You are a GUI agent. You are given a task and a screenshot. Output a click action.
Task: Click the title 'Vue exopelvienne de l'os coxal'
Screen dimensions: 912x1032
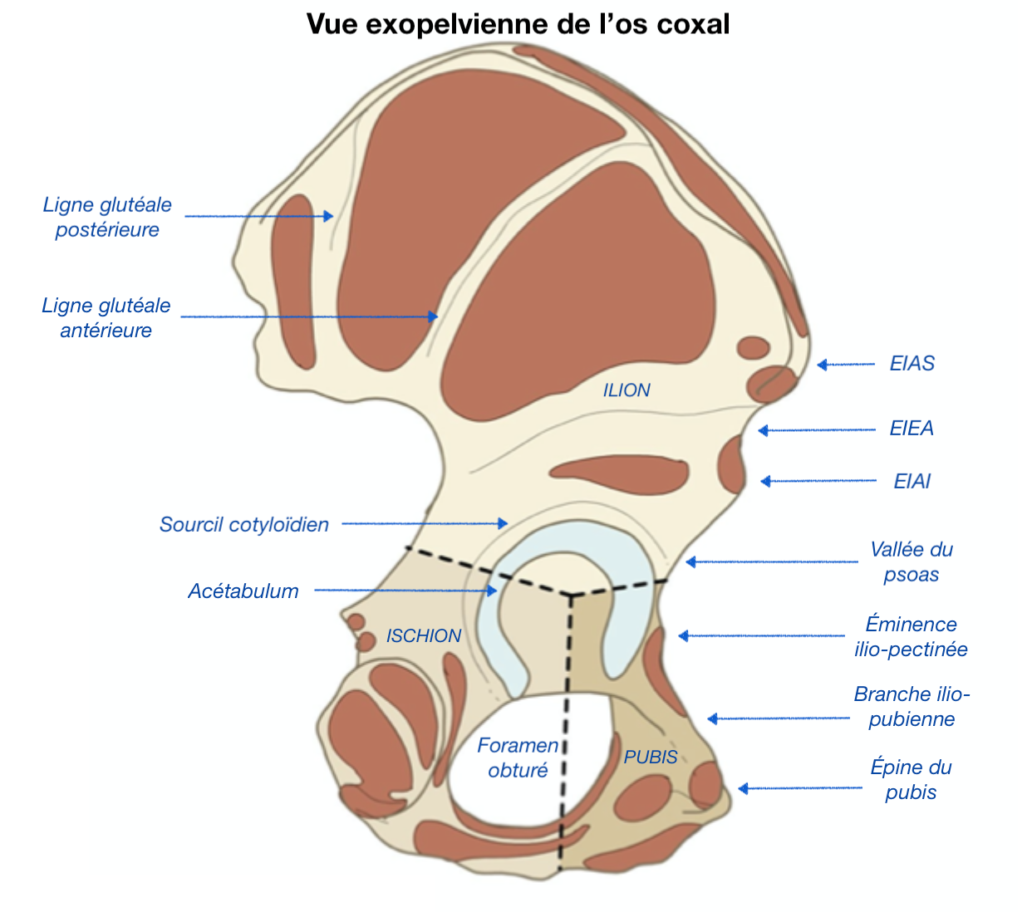[518, 23]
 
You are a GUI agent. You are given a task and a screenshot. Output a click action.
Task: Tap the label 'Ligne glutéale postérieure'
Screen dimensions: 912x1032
[107, 217]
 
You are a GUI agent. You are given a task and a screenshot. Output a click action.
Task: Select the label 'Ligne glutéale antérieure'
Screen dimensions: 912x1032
[106, 317]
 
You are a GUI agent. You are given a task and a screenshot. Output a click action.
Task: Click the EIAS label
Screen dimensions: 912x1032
[912, 363]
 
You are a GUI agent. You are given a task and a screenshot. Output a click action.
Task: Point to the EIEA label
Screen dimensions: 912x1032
[912, 428]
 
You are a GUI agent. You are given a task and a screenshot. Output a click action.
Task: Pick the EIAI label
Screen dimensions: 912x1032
[912, 481]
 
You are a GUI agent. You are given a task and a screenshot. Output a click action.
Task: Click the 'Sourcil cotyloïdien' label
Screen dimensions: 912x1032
[244, 524]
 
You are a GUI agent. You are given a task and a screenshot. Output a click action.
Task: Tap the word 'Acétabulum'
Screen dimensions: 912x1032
[243, 591]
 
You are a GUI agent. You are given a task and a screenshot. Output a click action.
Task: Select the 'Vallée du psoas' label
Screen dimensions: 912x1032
[911, 561]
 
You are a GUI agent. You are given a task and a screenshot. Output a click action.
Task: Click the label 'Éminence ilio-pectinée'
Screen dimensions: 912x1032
[911, 636]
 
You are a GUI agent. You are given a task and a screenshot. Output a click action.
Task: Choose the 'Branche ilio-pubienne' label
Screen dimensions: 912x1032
[912, 706]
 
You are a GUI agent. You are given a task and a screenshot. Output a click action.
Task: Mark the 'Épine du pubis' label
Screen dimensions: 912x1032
[911, 779]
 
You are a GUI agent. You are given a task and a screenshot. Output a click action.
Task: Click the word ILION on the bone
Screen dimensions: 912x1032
[627, 390]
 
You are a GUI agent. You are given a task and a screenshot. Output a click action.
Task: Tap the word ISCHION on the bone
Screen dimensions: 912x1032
[424, 635]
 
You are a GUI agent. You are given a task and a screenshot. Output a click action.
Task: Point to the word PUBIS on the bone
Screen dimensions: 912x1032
[651, 757]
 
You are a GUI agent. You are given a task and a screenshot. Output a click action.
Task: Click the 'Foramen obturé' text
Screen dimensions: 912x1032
[518, 758]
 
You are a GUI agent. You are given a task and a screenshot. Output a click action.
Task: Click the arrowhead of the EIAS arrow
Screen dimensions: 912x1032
[821, 365]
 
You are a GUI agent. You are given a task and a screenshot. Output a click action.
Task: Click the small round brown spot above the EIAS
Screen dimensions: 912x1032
[754, 347]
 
